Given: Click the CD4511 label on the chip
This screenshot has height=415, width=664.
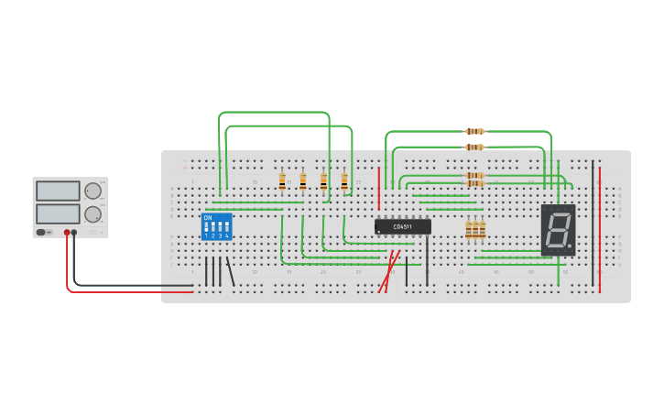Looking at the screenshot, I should (402, 226).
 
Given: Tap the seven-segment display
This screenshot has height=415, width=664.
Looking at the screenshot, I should (558, 229).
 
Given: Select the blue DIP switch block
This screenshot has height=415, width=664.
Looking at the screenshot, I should (216, 226).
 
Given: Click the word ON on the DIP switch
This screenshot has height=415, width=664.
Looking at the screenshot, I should (208, 218).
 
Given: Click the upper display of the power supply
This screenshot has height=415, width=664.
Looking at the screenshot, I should (58, 191).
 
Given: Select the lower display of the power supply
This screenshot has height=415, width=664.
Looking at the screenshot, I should (58, 213).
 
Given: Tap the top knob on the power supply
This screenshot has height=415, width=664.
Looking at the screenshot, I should (93, 191).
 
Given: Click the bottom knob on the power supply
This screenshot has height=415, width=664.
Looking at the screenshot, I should (93, 214).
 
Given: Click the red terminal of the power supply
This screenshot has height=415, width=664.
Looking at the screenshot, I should (67, 233).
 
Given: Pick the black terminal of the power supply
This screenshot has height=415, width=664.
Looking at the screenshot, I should (74, 233).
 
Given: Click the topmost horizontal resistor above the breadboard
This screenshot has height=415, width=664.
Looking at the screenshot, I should (474, 132).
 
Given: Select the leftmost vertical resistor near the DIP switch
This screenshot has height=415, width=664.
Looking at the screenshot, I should (282, 180).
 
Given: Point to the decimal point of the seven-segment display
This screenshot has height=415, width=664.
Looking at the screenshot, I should (570, 246).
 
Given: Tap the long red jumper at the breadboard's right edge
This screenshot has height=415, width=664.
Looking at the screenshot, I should (600, 229).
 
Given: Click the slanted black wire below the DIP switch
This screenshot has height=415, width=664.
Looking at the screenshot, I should (230, 272).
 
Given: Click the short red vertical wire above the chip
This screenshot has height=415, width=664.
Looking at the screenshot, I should (379, 188).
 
